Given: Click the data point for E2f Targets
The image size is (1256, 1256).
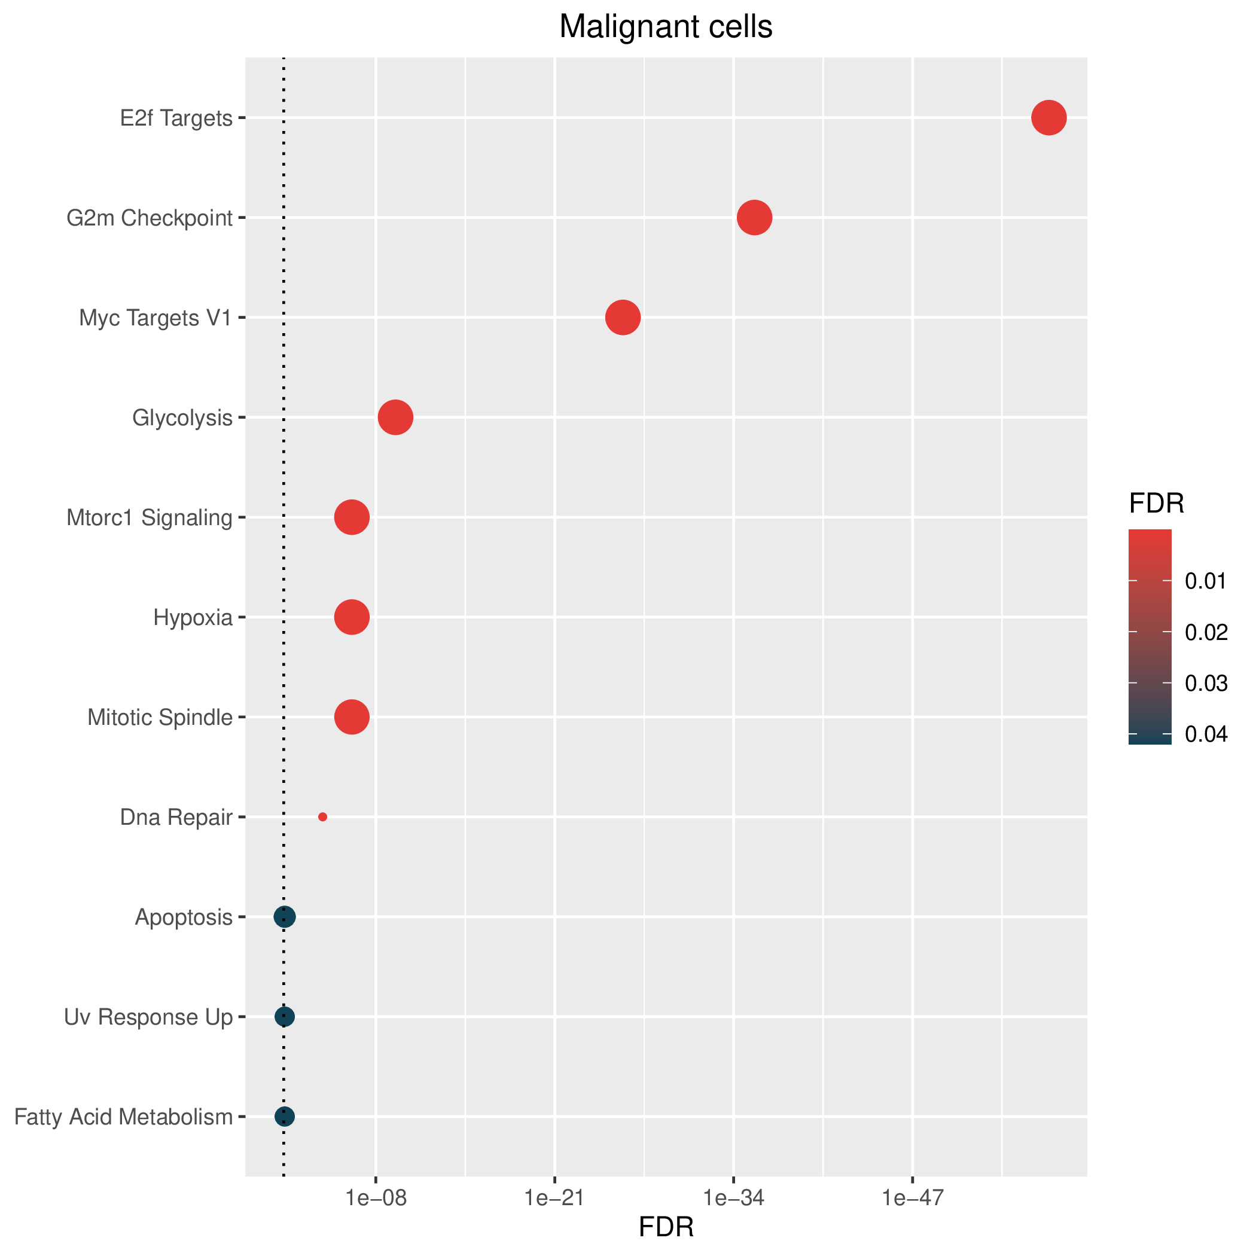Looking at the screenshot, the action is pos(1048,118).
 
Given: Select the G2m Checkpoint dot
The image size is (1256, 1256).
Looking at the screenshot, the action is pos(754,218).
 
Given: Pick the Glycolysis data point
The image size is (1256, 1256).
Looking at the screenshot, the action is pos(395,417).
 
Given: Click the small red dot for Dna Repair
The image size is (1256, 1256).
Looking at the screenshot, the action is pos(322,817).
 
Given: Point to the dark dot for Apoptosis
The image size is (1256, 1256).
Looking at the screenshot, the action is pos(285,917).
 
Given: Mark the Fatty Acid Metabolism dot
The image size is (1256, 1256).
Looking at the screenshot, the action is pos(284,1117).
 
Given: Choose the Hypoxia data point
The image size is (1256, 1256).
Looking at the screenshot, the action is pos(352,618).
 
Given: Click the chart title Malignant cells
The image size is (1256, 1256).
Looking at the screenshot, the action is pos(666,28).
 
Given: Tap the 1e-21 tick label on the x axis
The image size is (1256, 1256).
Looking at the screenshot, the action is pos(554,1198).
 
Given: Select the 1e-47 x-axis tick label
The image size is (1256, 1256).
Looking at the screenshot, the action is pos(913,1198).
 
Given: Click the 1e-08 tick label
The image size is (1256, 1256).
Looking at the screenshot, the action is pos(376,1198).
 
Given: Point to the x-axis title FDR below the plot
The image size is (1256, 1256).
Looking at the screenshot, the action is pos(666,1227).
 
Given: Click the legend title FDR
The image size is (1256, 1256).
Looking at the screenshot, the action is pos(1157,503).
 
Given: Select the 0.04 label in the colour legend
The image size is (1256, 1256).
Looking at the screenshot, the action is pos(1206,734).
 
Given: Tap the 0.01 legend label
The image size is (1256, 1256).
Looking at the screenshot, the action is pos(1206,581).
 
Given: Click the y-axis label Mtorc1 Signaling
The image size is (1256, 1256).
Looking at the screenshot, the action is pos(150,518).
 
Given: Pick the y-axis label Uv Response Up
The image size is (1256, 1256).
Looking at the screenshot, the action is pos(148,1017).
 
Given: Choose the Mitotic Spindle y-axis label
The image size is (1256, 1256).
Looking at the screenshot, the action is pos(160,718).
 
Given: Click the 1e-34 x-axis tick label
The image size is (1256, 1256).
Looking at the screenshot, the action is pos(733,1198).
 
